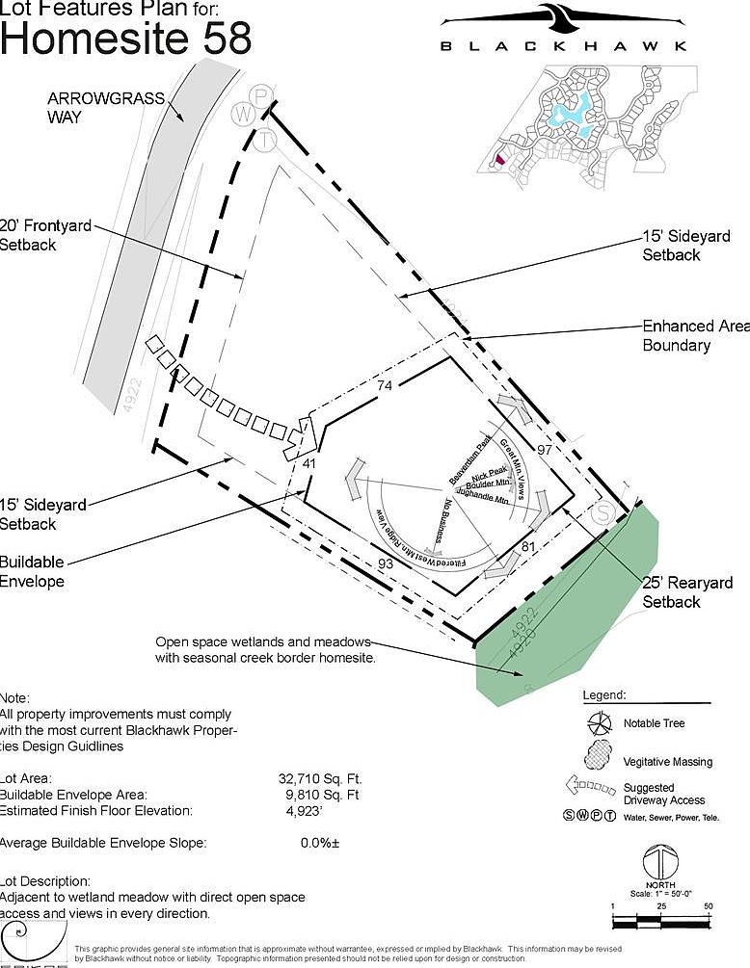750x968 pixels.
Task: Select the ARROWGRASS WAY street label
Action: (x=93, y=107)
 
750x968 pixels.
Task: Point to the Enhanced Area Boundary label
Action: (x=694, y=336)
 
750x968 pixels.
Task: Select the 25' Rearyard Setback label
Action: (x=687, y=592)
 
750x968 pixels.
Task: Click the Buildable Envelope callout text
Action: (x=32, y=571)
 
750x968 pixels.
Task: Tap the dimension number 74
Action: (x=386, y=385)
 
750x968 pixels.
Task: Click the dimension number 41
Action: (x=309, y=463)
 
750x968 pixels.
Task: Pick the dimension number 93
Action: (x=386, y=562)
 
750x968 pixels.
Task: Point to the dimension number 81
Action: (x=527, y=547)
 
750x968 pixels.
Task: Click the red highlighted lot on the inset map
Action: (x=498, y=161)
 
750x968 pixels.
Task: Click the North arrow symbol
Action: (x=659, y=861)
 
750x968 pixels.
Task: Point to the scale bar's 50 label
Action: (x=708, y=907)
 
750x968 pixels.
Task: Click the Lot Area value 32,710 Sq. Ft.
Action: (x=320, y=778)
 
